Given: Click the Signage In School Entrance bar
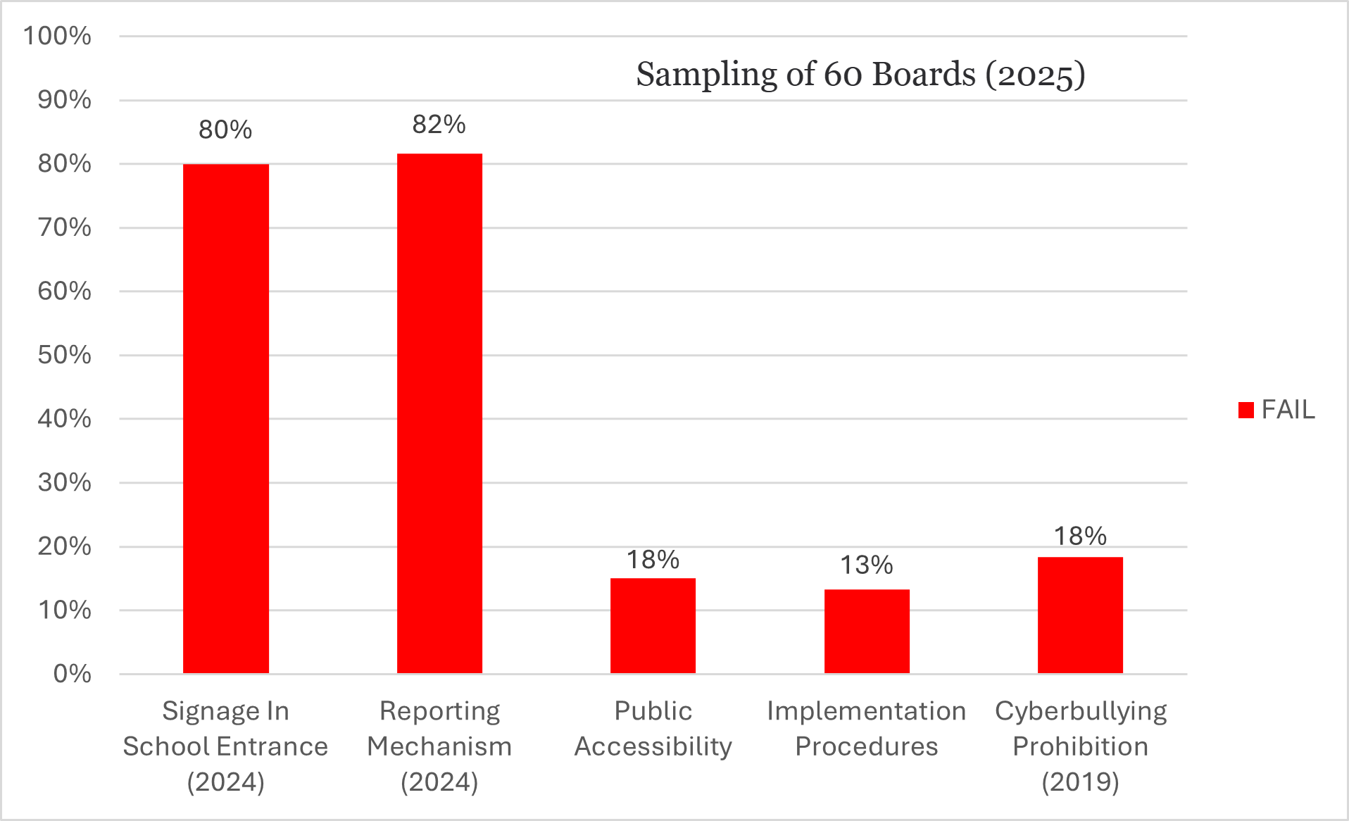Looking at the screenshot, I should [225, 419].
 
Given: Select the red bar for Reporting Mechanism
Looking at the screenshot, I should [439, 413].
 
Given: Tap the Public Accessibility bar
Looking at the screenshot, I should [653, 625].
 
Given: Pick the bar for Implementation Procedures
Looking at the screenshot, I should [867, 631].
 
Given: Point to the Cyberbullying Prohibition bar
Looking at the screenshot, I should [1080, 615].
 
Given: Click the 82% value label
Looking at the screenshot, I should [439, 125].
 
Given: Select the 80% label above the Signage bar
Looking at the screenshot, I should [225, 130].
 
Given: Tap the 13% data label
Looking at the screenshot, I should [867, 565].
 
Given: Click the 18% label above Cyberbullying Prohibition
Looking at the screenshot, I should [1080, 536].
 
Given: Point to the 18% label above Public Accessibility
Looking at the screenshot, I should [653, 560].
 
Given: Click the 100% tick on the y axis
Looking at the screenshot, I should [57, 36].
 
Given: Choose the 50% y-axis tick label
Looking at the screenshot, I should [64, 355].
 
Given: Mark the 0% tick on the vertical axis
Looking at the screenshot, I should [72, 674].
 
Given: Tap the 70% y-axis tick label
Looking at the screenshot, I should [64, 227].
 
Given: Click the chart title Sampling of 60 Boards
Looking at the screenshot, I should [860, 75].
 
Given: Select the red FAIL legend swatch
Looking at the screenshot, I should [1246, 410].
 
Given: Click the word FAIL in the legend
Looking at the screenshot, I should [1288, 410].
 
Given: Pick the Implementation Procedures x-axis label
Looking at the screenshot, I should [867, 728].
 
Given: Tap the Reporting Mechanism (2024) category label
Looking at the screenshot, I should [439, 746].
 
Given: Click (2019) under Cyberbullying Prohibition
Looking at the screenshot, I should [1080, 782].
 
